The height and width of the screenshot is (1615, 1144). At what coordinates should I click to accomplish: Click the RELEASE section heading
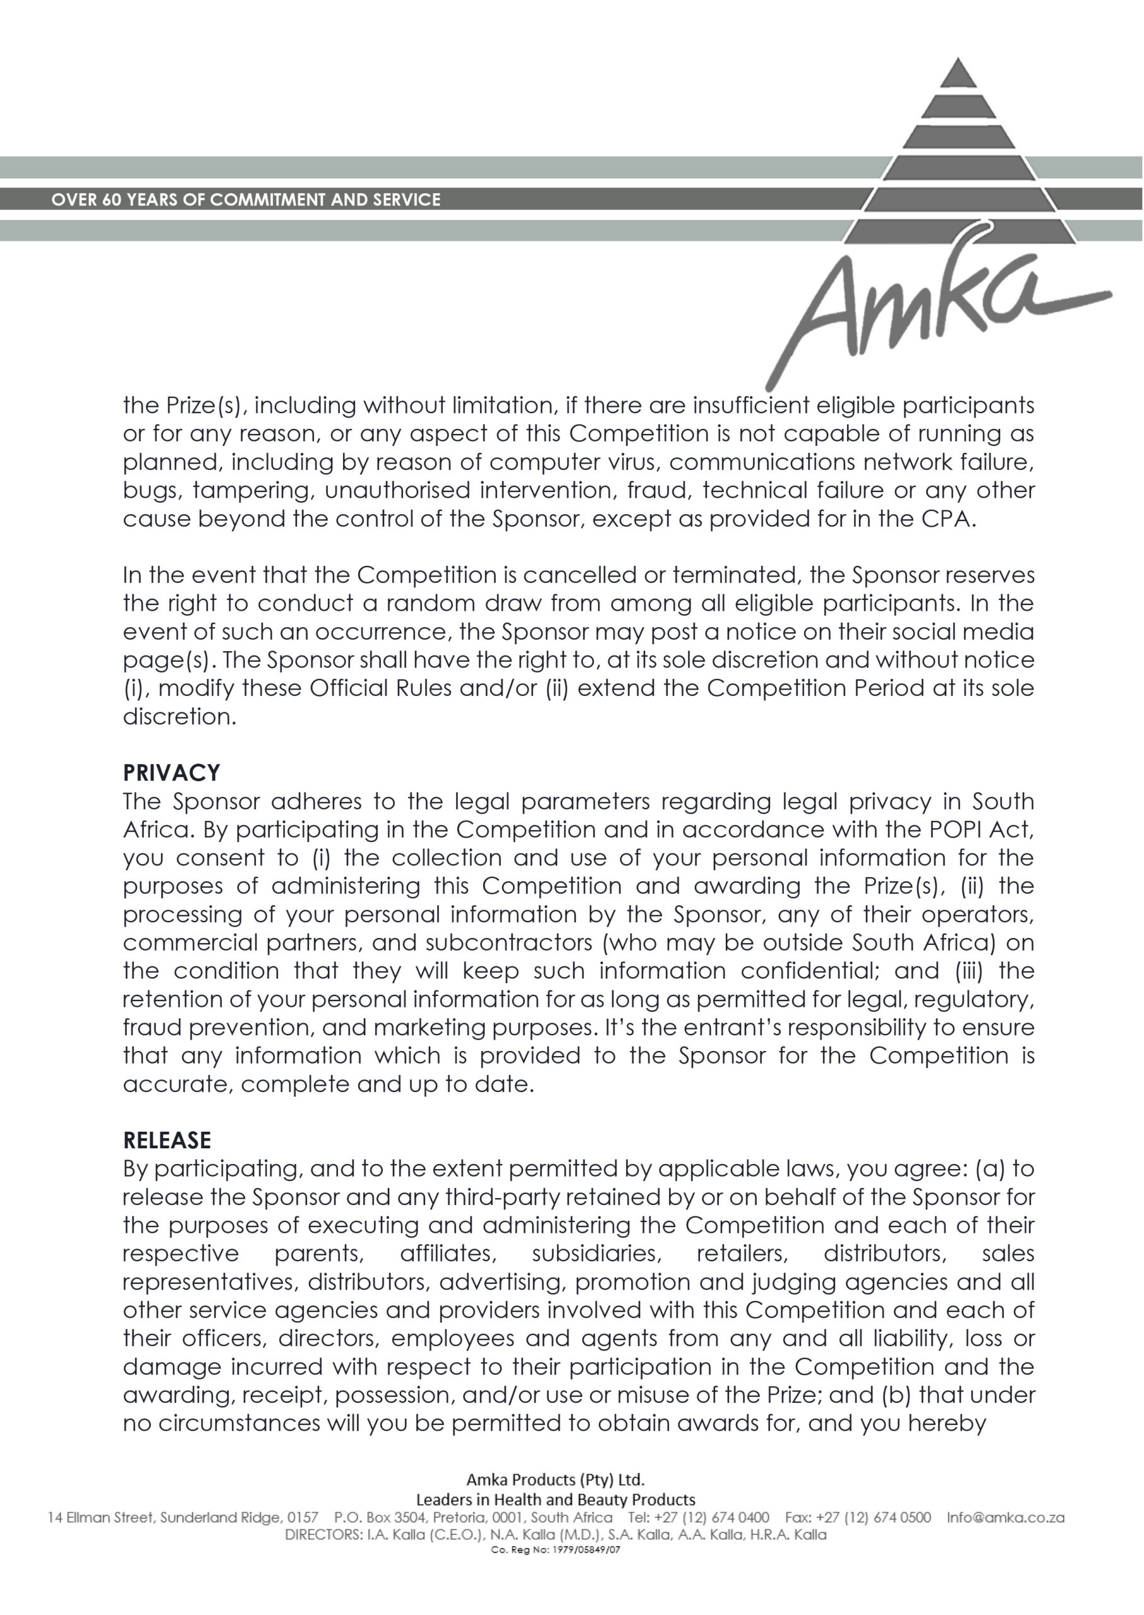167,1140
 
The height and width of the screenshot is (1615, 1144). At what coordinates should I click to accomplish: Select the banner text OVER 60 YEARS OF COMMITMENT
246,199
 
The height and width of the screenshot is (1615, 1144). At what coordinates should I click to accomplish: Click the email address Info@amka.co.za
1005,1517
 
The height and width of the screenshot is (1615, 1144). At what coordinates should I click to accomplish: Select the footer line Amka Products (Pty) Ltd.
555,1478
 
